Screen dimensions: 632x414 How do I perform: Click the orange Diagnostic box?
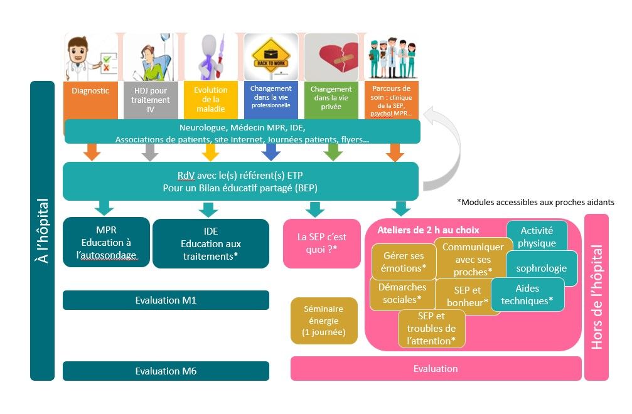[90, 100]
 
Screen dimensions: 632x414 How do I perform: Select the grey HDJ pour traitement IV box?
[151, 100]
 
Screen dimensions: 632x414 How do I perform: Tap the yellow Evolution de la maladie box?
[211, 100]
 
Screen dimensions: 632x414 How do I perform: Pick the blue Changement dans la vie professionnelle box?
[271, 100]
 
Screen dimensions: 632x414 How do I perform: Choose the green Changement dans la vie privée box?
[331, 100]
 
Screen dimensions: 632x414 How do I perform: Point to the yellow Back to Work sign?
[271, 57]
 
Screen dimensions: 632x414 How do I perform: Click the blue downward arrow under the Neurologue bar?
[271, 152]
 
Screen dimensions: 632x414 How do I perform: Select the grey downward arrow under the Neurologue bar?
[151, 152]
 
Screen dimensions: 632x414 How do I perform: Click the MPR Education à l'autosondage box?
[107, 242]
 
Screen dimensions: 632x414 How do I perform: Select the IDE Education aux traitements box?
[211, 243]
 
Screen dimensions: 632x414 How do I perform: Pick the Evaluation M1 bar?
[166, 300]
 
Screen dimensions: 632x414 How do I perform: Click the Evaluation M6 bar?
[166, 371]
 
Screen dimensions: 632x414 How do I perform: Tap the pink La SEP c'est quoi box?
[321, 243]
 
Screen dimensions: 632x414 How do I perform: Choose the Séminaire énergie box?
[324, 321]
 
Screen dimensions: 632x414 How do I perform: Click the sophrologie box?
[542, 268]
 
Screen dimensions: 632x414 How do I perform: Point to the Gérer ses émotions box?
[404, 262]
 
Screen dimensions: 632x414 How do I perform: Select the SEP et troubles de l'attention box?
[432, 329]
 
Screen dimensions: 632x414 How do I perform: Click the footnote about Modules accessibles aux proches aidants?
[536, 202]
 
